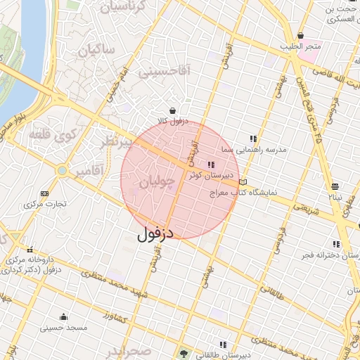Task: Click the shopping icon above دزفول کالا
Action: coord(173,110)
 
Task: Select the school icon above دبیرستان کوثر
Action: coord(211,163)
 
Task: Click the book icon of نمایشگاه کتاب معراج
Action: coord(243,183)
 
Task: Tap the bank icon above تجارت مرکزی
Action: coord(45,193)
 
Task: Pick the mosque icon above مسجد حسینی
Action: coord(64,316)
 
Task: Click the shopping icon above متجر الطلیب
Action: coord(301,35)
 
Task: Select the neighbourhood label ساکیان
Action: coord(96,50)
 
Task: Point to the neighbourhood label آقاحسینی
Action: coord(164,70)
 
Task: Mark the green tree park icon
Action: coord(184,352)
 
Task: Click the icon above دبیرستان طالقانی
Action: coord(224,344)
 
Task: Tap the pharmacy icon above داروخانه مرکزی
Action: coord(30,249)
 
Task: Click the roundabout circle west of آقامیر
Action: coord(63,171)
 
